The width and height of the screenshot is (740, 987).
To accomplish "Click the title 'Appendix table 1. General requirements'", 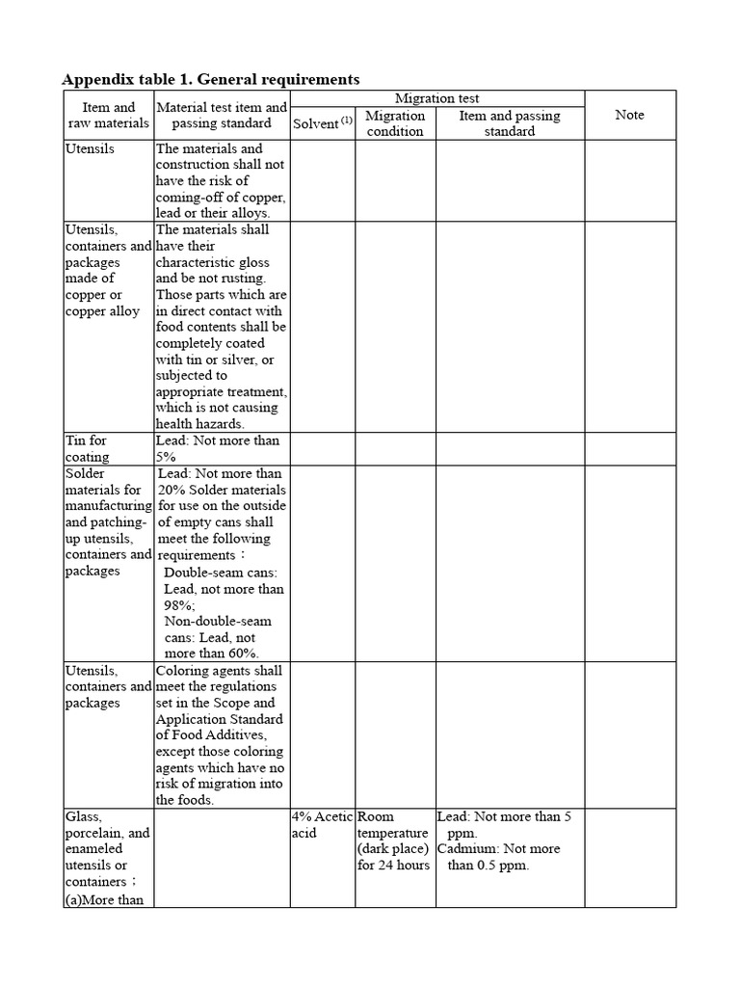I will [x=211, y=79].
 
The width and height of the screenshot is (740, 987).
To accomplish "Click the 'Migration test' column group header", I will [x=436, y=98].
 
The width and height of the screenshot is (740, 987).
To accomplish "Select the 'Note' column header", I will [x=629, y=115].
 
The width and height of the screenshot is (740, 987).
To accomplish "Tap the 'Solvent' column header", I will [x=316, y=123].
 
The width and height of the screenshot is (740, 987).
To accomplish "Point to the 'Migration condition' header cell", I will [x=395, y=123].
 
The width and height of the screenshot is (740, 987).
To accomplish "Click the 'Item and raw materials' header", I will [x=108, y=115].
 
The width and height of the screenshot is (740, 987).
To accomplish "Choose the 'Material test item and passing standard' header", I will [x=222, y=116].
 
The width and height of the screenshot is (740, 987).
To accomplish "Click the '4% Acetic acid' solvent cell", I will [x=322, y=824].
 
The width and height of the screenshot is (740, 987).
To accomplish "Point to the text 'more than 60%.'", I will [x=211, y=654].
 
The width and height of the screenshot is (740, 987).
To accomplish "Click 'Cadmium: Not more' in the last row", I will [x=498, y=849].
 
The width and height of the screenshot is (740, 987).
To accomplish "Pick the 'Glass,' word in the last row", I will [x=84, y=816].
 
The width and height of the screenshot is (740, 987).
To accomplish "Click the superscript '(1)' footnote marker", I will [x=347, y=119].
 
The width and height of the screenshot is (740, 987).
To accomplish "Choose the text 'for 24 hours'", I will [x=393, y=866].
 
